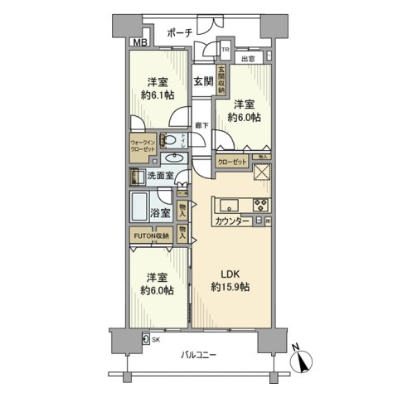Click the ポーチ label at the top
click(180, 32)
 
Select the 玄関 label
click(204, 81)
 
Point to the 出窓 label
click(248, 58)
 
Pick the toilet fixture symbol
click(168, 140)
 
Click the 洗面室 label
click(161, 176)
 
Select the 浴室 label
click(162, 213)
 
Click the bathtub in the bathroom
click(140, 206)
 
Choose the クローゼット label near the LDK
click(234, 162)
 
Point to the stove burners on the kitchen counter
click(260, 206)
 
